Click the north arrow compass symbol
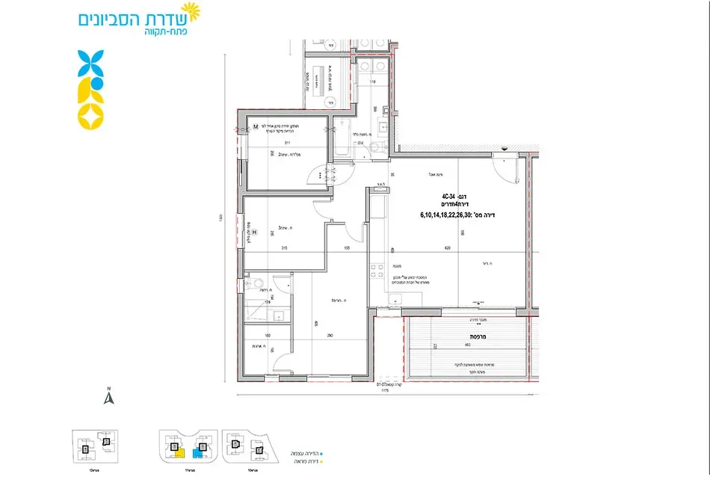(108, 397)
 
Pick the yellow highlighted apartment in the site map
(177, 451)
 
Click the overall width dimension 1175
(385, 390)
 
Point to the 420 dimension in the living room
(447, 247)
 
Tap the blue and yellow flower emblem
(91, 89)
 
